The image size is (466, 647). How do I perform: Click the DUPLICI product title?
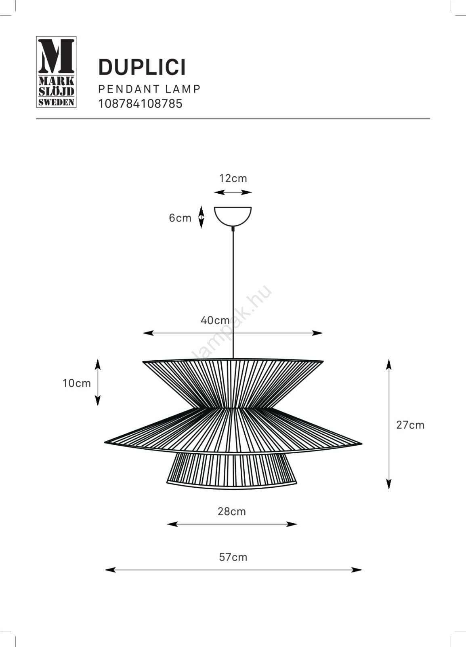[142, 68]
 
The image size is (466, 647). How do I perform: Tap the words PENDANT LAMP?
[149, 89]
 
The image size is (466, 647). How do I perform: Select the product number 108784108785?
[141, 104]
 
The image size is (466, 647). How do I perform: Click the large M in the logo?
[57, 56]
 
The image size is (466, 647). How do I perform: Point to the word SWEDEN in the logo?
[56, 102]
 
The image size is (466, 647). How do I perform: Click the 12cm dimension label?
[233, 178]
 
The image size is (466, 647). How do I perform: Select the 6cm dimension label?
[180, 218]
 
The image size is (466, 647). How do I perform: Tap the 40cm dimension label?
[215, 320]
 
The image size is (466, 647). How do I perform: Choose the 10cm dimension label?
[77, 383]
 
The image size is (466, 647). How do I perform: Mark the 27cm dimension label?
[410, 425]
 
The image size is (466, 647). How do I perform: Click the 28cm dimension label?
[232, 512]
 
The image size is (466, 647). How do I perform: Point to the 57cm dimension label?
[233, 557]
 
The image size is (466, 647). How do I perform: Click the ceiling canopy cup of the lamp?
[233, 217]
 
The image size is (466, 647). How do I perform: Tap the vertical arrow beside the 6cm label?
[201, 217]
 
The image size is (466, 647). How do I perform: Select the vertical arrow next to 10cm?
[98, 383]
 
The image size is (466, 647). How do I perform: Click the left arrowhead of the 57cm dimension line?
[110, 570]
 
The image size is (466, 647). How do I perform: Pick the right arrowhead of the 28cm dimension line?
[292, 524]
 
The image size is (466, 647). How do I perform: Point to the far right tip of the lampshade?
[362, 443]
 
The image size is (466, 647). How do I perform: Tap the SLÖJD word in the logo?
[56, 92]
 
